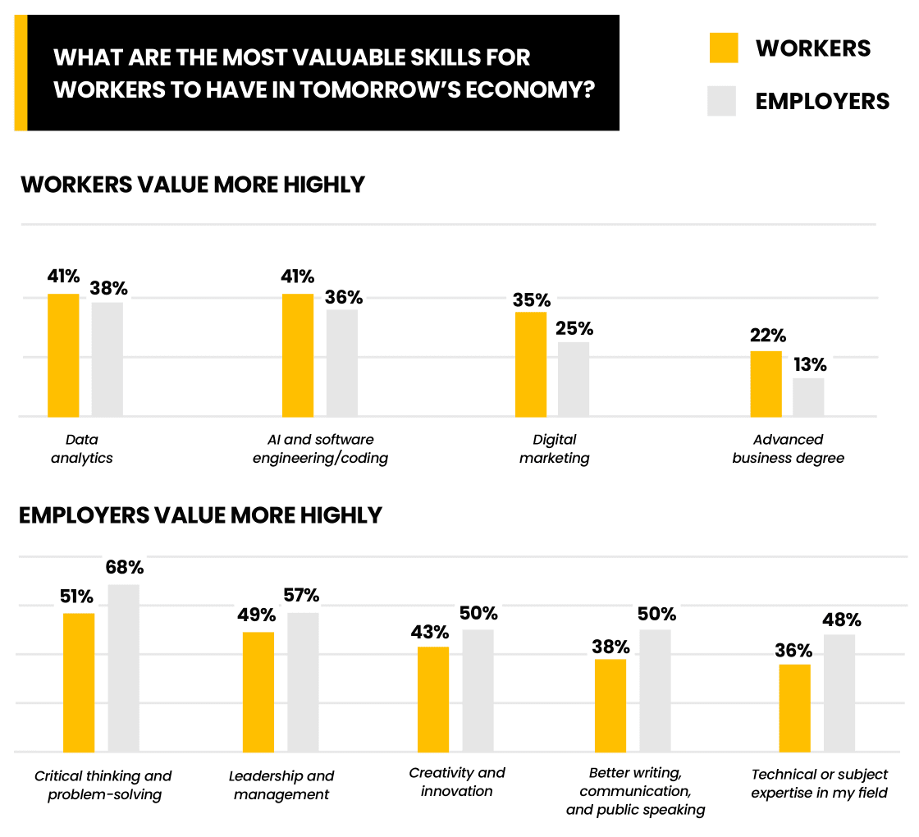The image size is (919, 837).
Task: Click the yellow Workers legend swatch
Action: (724, 48)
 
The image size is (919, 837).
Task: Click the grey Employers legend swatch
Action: (722, 101)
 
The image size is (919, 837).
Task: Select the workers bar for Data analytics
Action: (63, 354)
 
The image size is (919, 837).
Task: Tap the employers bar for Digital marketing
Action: (574, 379)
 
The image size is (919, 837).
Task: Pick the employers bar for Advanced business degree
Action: (808, 397)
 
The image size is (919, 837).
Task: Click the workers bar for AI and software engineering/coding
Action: (298, 354)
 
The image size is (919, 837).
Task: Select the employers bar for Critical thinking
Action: (124, 668)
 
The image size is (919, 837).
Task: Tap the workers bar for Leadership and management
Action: (258, 692)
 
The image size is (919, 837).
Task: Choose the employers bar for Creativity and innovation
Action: (478, 690)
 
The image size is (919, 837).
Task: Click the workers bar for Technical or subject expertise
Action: (794, 707)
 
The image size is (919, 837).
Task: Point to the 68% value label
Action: (124, 567)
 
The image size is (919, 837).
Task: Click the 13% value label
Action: (809, 364)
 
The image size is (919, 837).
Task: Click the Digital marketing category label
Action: (554, 449)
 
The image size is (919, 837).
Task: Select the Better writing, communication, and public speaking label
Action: (635, 791)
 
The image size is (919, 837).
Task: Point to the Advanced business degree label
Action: (788, 449)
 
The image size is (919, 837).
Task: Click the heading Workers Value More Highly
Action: (192, 185)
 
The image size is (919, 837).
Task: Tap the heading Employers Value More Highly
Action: (200, 515)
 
